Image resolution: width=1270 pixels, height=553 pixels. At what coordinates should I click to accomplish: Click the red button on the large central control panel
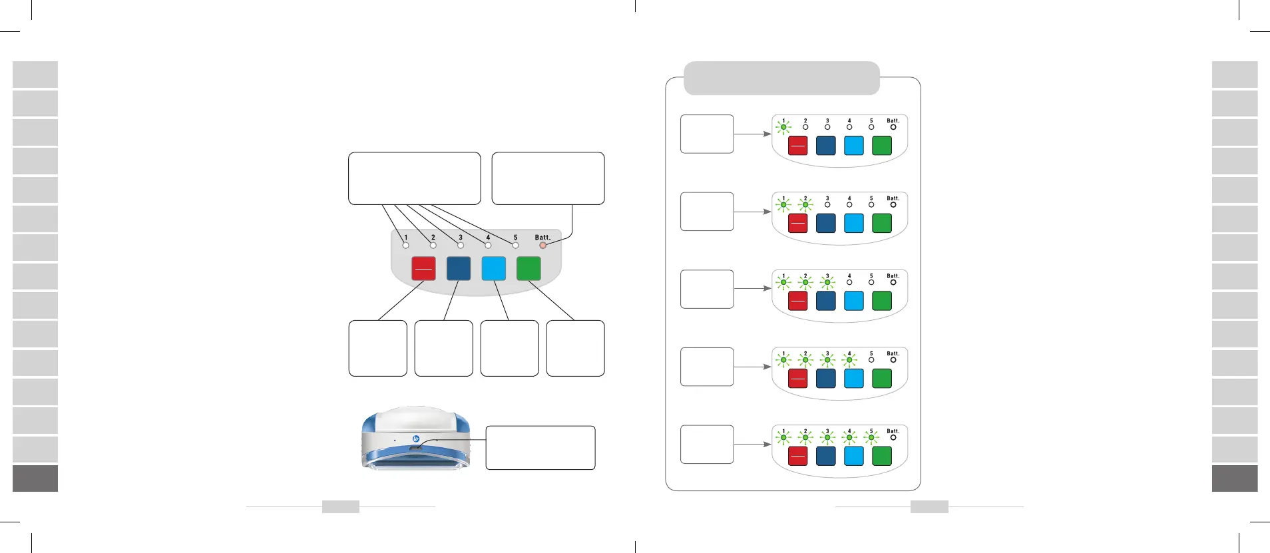tap(423, 268)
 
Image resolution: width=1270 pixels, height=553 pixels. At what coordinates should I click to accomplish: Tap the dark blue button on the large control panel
tap(459, 268)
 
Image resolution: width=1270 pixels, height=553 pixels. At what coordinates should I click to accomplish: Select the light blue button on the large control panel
tap(493, 268)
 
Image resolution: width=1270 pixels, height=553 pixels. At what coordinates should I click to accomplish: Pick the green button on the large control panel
tap(529, 268)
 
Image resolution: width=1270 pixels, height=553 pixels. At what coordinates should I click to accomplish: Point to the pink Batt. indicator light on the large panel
tap(542, 246)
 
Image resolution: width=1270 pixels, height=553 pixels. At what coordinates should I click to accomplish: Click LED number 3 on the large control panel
tap(461, 246)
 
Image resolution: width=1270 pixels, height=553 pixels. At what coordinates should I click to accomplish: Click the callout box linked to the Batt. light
tap(548, 178)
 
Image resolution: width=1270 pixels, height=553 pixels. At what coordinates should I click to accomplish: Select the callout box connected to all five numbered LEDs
tap(414, 178)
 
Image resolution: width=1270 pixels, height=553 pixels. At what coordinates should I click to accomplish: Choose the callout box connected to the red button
tap(377, 348)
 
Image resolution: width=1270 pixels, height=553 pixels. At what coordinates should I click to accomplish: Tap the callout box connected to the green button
tap(575, 348)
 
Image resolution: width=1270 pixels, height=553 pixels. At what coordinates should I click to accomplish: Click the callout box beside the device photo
tap(540, 447)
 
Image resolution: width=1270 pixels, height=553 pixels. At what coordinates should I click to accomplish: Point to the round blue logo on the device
tap(415, 439)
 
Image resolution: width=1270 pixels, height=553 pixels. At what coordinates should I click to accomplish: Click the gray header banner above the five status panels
tap(781, 78)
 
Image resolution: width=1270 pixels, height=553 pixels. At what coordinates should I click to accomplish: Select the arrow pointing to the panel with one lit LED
tap(752, 134)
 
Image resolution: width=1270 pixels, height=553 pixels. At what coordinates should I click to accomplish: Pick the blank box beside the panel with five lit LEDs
tap(706, 444)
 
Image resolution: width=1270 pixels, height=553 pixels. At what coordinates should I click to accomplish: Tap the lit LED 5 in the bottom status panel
tap(871, 437)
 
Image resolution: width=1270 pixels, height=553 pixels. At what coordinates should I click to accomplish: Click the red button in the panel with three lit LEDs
tap(797, 301)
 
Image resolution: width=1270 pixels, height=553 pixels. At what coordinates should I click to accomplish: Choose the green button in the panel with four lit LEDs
tap(881, 378)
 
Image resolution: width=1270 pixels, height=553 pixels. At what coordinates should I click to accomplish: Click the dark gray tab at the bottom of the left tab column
tap(35, 478)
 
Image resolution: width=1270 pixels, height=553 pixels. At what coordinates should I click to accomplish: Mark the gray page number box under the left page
tap(340, 506)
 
